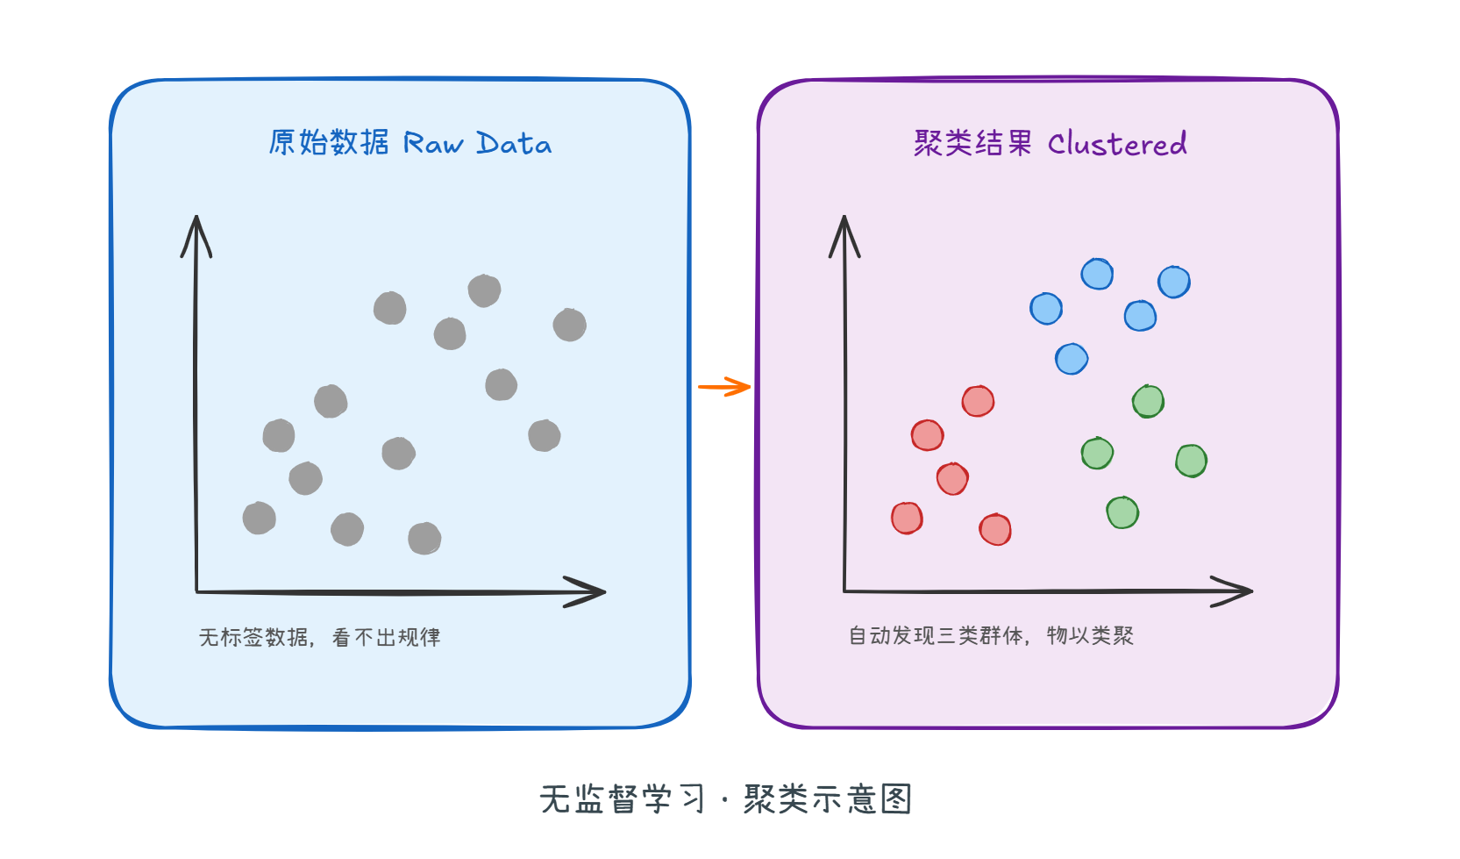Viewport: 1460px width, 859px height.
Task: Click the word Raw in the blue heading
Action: [432, 144]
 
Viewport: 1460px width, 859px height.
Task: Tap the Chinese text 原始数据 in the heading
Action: [328, 142]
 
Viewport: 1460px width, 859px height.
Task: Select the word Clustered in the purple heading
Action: [1117, 144]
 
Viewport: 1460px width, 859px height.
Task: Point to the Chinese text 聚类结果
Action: [972, 143]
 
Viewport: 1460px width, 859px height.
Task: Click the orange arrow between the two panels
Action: [725, 387]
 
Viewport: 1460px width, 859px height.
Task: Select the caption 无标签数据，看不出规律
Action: [319, 637]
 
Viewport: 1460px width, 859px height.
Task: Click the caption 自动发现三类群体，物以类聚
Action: [991, 635]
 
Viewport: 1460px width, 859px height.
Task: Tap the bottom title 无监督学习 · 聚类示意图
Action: [726, 799]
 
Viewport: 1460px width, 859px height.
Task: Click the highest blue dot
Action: [1097, 275]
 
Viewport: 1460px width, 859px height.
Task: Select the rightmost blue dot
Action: [1173, 283]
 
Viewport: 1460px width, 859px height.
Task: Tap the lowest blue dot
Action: [1072, 359]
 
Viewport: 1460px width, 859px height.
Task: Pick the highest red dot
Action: [978, 402]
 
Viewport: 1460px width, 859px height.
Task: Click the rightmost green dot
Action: [1191, 461]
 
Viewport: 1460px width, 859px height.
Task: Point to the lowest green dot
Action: [1122, 512]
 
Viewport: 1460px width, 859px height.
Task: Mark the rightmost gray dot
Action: [570, 326]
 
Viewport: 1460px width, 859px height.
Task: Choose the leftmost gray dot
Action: [260, 519]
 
